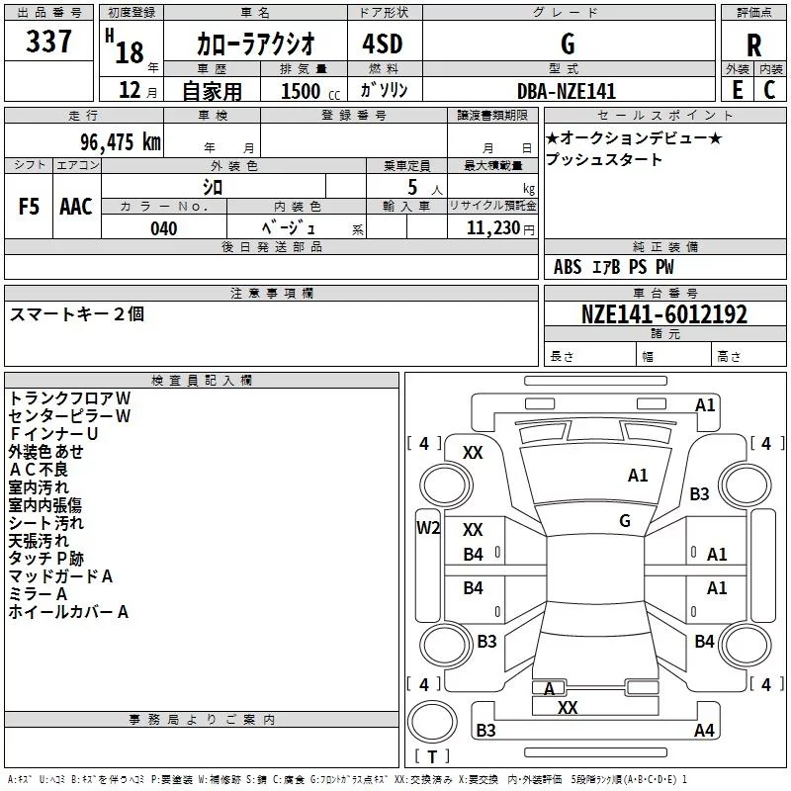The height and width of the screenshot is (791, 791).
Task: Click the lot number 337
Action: click(x=48, y=41)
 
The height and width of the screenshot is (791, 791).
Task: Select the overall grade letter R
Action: click(x=753, y=45)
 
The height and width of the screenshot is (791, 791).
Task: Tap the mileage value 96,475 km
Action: click(x=121, y=141)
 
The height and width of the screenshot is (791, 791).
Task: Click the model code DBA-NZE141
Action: click(x=567, y=91)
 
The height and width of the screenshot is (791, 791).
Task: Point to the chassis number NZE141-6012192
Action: click(x=664, y=314)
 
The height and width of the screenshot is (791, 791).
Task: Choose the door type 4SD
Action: click(x=383, y=44)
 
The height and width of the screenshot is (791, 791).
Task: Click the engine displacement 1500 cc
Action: click(x=310, y=91)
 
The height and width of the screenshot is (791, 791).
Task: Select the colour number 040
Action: click(x=164, y=228)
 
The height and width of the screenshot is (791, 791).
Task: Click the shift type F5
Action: click(x=29, y=207)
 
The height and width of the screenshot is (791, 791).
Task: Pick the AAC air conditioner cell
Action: click(x=76, y=207)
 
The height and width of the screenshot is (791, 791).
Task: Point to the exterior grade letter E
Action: click(x=737, y=90)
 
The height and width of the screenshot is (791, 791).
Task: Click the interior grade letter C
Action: click(x=769, y=90)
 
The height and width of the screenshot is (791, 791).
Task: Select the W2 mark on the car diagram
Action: click(x=428, y=528)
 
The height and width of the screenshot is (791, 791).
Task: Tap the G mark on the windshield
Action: click(x=625, y=521)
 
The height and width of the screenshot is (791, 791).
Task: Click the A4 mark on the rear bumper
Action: click(x=704, y=730)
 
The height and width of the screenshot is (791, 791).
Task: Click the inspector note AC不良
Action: click(x=39, y=470)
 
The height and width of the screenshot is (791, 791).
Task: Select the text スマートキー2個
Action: click(x=77, y=314)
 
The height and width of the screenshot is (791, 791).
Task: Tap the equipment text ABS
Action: click(x=568, y=267)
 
